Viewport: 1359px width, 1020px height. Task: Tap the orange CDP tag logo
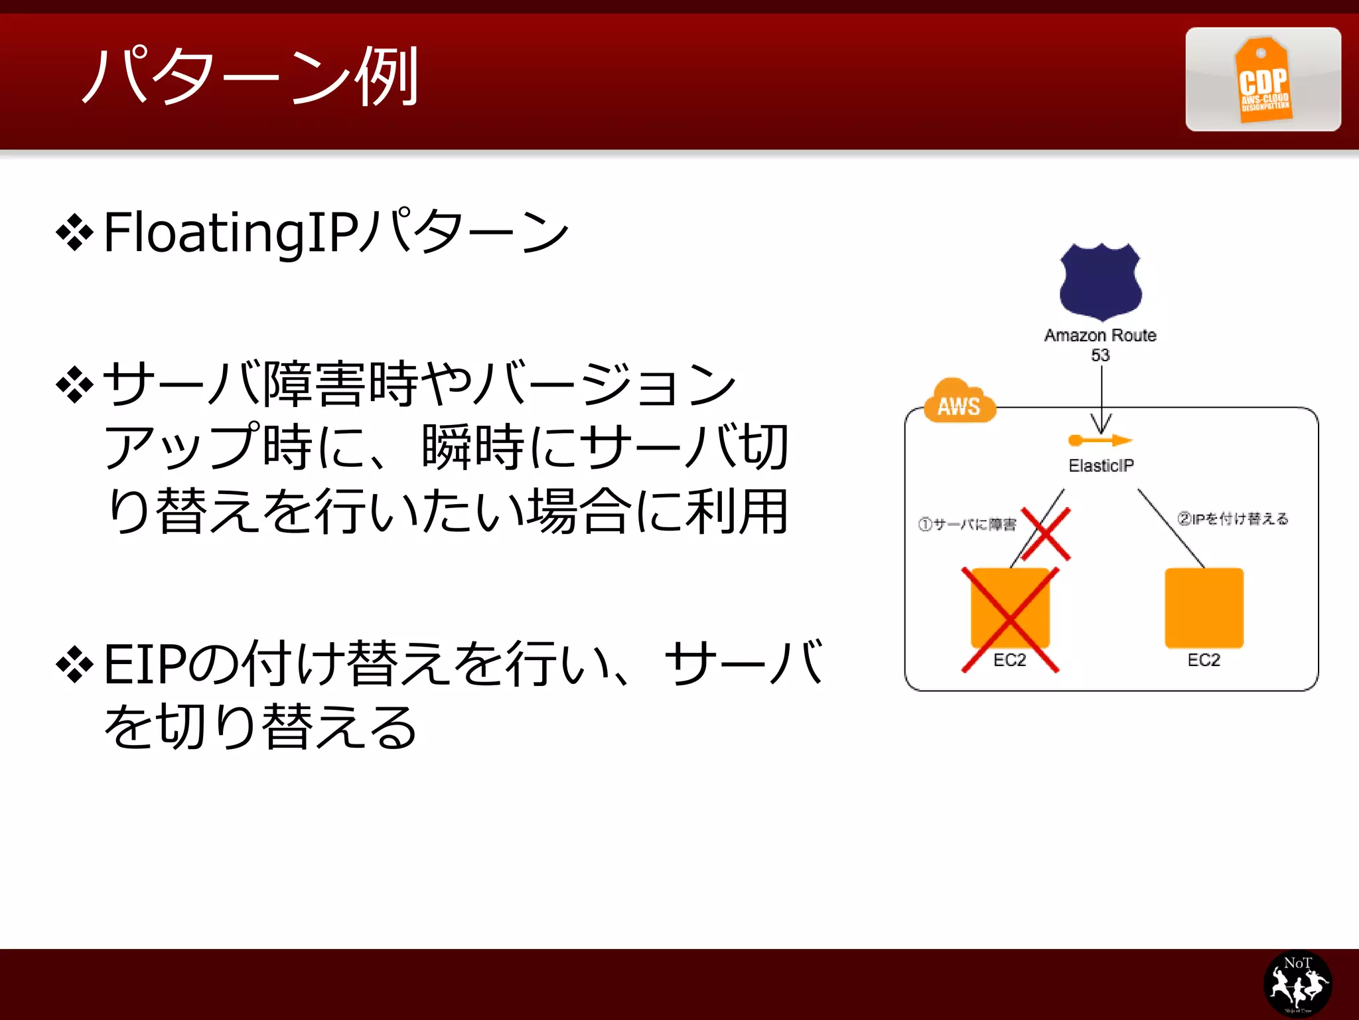click(1263, 80)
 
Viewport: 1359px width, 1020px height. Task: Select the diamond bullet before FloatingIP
click(75, 233)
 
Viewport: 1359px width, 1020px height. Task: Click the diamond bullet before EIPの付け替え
click(75, 665)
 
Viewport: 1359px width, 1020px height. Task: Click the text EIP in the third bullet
click(143, 665)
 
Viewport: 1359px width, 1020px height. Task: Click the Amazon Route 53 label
click(1100, 344)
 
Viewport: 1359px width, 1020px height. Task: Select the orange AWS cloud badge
click(959, 402)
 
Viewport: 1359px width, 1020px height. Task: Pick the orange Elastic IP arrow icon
click(1100, 440)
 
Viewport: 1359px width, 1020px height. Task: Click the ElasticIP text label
click(1101, 466)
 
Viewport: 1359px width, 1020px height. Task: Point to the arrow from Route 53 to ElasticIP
click(1102, 398)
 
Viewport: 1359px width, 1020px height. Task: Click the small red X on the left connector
click(1046, 534)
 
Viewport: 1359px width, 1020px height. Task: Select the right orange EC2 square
click(1204, 608)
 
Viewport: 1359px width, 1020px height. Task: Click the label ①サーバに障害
click(967, 525)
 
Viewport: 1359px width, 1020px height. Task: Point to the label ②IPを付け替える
click(1233, 519)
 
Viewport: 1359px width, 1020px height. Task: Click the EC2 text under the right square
click(1204, 660)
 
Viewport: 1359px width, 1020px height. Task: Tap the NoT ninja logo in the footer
click(1297, 983)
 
